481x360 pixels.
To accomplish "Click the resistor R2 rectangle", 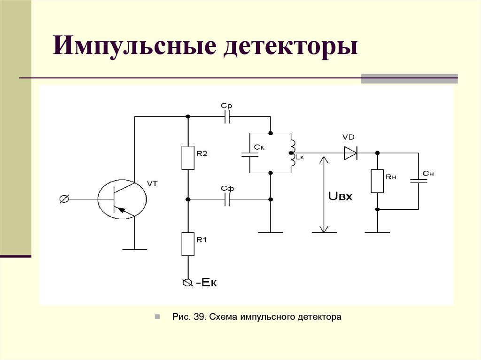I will coord(188,158).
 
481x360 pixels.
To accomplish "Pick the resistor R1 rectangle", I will coord(188,244).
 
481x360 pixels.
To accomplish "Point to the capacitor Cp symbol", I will coord(227,117).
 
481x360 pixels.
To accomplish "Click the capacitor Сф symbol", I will coord(227,200).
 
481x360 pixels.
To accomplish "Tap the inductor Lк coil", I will coord(292,153).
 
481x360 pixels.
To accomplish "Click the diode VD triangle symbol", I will coord(350,153).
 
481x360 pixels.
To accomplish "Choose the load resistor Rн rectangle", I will coord(377,181).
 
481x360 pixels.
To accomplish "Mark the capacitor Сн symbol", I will coord(418,181).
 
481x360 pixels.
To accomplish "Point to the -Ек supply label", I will coord(207,283).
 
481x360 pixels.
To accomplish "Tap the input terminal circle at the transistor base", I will coord(64,199).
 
